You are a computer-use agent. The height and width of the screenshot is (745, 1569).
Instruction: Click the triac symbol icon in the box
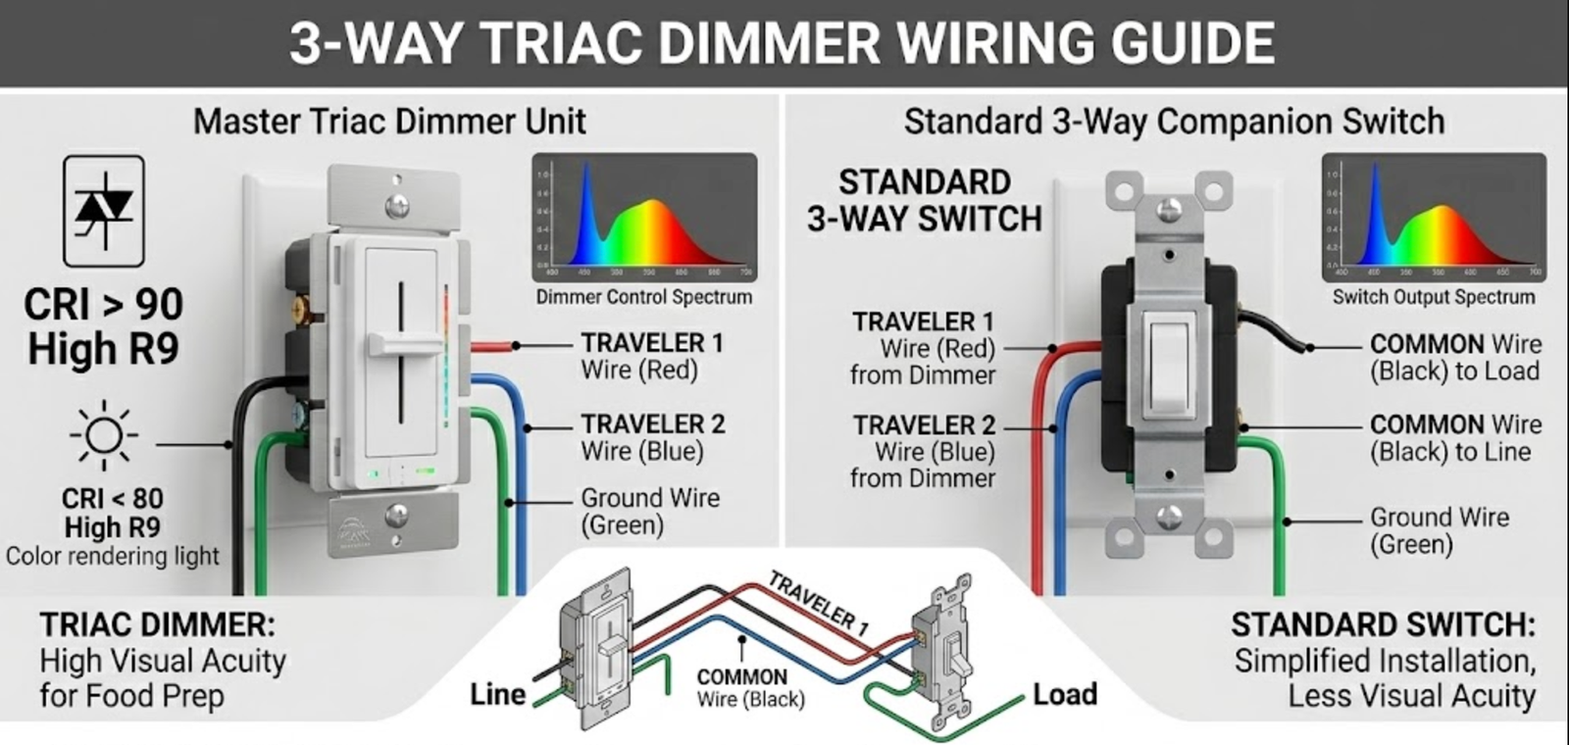coord(104,211)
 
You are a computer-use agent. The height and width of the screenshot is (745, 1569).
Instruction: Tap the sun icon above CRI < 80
coord(104,435)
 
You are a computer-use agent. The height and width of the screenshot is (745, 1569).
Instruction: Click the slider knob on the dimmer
coord(403,344)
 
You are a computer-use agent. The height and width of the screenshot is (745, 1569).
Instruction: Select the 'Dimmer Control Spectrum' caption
coord(644,297)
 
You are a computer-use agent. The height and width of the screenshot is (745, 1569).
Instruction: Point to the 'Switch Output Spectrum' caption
coord(1433,297)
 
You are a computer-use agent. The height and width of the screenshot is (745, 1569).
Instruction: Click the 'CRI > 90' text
coord(104,305)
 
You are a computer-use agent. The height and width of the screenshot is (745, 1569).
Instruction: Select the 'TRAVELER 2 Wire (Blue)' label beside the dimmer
coord(652,437)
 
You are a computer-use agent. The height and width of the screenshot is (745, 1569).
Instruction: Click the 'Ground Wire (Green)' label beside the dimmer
coord(649,511)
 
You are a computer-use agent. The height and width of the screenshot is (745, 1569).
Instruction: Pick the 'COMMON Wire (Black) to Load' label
coord(1454,358)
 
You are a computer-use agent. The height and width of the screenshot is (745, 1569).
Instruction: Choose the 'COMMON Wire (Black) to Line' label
coord(1454,438)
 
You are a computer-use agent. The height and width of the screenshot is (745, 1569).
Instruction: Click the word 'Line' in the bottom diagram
coord(497,695)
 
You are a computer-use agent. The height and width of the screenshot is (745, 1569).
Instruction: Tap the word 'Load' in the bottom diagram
coord(1064,695)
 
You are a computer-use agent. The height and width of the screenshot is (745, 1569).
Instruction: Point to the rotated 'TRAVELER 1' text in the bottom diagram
coord(818,603)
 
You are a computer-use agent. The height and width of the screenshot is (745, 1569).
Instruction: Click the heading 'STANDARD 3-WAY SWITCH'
coord(924,201)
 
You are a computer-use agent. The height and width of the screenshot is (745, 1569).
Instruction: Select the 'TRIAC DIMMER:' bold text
coord(157,625)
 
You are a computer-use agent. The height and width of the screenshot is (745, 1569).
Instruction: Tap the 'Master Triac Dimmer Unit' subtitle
coord(389,122)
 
